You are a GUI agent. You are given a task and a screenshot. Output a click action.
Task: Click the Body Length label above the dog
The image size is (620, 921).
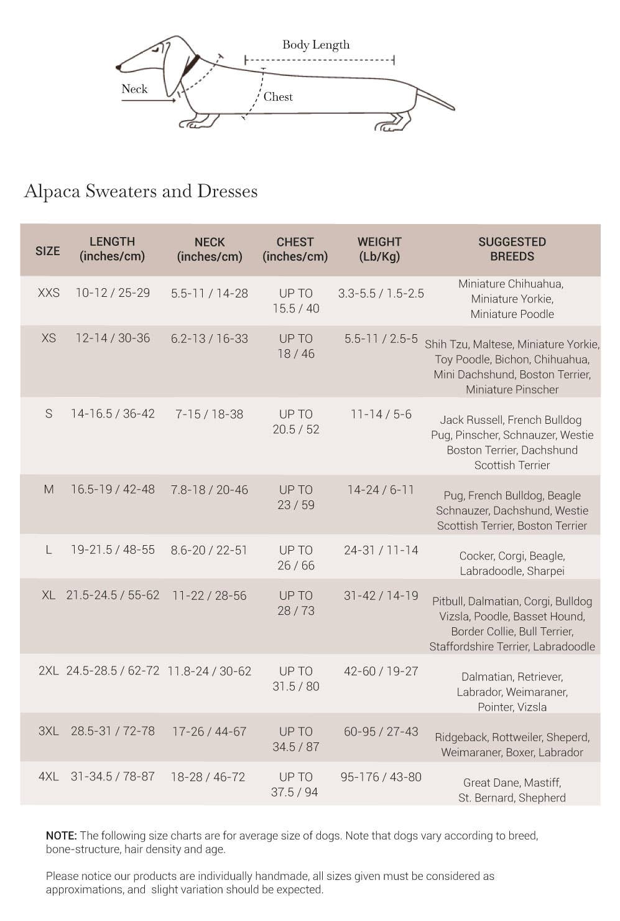pyautogui.click(x=316, y=45)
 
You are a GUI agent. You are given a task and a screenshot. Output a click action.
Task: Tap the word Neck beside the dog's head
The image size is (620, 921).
pyautogui.click(x=134, y=89)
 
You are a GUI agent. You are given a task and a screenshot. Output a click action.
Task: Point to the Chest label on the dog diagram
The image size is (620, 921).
pyautogui.click(x=278, y=96)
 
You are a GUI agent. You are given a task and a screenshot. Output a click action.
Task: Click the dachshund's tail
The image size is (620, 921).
pyautogui.click(x=435, y=100)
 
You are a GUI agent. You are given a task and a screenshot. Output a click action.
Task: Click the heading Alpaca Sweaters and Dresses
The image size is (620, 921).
pyautogui.click(x=141, y=191)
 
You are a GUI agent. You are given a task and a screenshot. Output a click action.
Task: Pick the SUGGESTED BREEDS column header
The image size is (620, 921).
pyautogui.click(x=512, y=249)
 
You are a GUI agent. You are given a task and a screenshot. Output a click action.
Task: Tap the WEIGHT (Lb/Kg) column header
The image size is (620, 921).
pyautogui.click(x=379, y=249)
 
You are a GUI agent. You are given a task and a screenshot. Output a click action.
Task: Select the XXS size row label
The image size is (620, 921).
pyautogui.click(x=49, y=293)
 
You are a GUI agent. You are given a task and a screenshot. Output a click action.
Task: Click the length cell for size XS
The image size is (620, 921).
pyautogui.click(x=113, y=339)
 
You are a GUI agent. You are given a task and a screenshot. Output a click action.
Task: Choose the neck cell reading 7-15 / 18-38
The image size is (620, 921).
pyautogui.click(x=210, y=414)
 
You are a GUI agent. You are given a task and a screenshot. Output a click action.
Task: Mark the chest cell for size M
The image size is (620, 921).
pyautogui.click(x=296, y=497)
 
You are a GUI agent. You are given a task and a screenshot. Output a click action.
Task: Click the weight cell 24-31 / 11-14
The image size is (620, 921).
pyautogui.click(x=381, y=550)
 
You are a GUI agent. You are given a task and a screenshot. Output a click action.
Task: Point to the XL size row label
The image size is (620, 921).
pyautogui.click(x=49, y=596)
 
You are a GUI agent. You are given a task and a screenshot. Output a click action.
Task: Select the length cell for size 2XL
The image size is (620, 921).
pyautogui.click(x=113, y=671)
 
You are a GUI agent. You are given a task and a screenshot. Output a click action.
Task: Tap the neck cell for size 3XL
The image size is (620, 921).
pyautogui.click(x=210, y=732)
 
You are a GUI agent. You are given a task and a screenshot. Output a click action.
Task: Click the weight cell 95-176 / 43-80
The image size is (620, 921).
pyautogui.click(x=381, y=777)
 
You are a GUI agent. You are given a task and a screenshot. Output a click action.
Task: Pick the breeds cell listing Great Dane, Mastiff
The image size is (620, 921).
pyautogui.click(x=512, y=790)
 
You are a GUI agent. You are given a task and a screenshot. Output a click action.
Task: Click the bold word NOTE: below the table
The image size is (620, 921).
pyautogui.click(x=61, y=836)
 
